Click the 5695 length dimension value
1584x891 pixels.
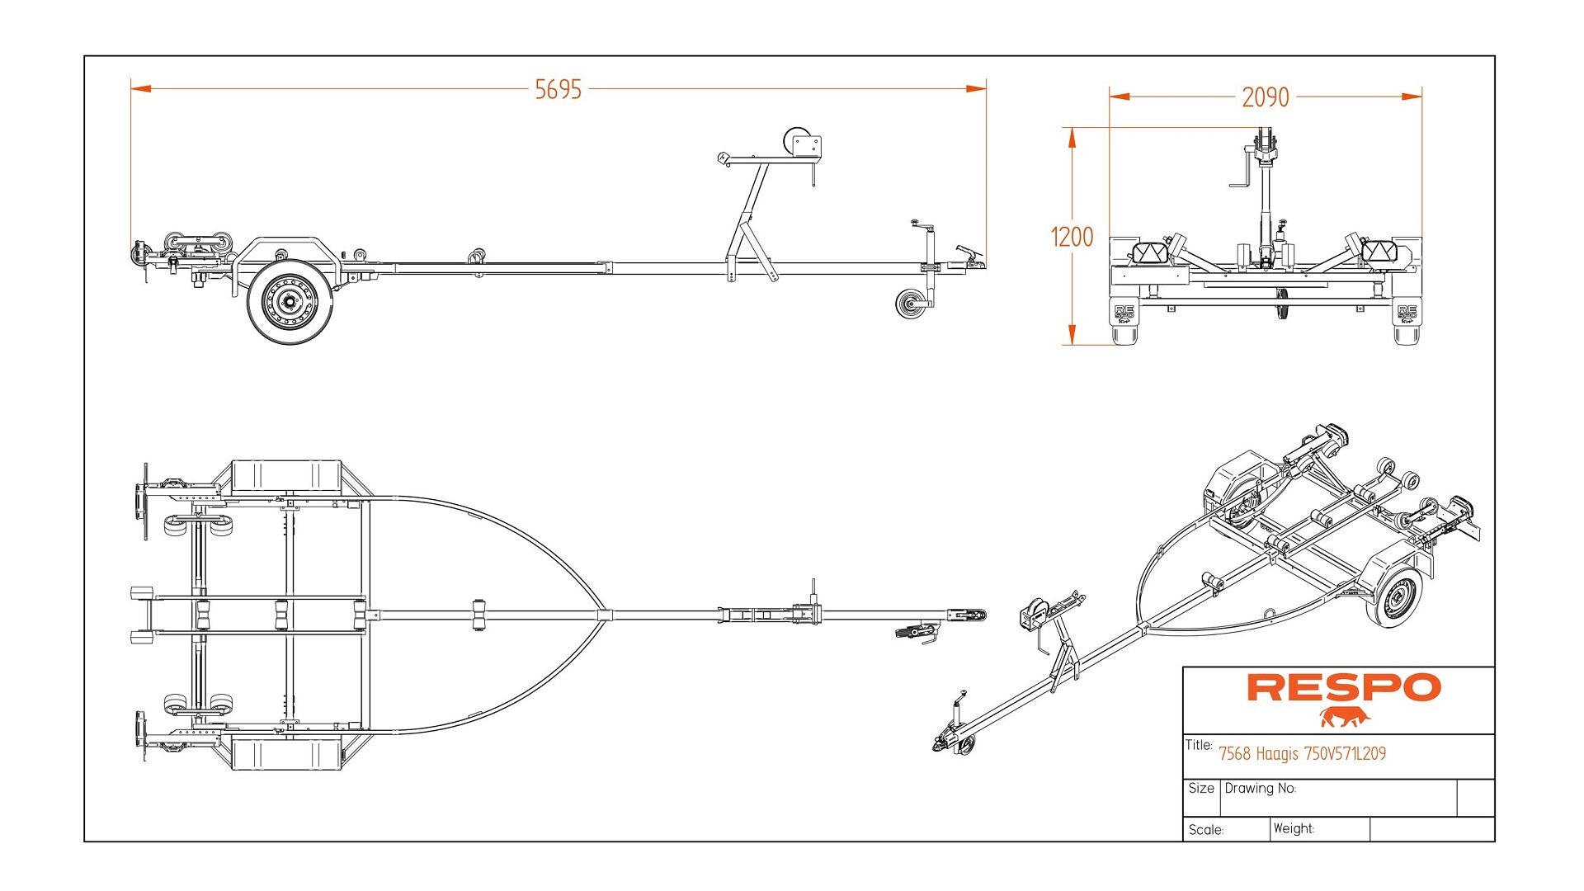558,89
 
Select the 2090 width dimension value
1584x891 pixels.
1265,97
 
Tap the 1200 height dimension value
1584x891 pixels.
1072,238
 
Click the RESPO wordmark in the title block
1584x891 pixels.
1343,687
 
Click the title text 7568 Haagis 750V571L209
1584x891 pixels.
1302,753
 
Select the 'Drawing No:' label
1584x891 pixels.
1260,789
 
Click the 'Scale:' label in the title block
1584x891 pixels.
1205,830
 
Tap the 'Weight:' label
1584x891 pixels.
1293,828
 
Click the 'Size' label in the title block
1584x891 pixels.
1201,789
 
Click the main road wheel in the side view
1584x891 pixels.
290,301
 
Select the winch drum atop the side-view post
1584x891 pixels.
796,139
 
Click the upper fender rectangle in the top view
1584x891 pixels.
286,477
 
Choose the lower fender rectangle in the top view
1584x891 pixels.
286,754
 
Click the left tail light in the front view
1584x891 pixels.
1150,251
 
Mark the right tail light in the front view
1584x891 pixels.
1379,251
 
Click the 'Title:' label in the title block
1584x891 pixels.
1198,745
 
